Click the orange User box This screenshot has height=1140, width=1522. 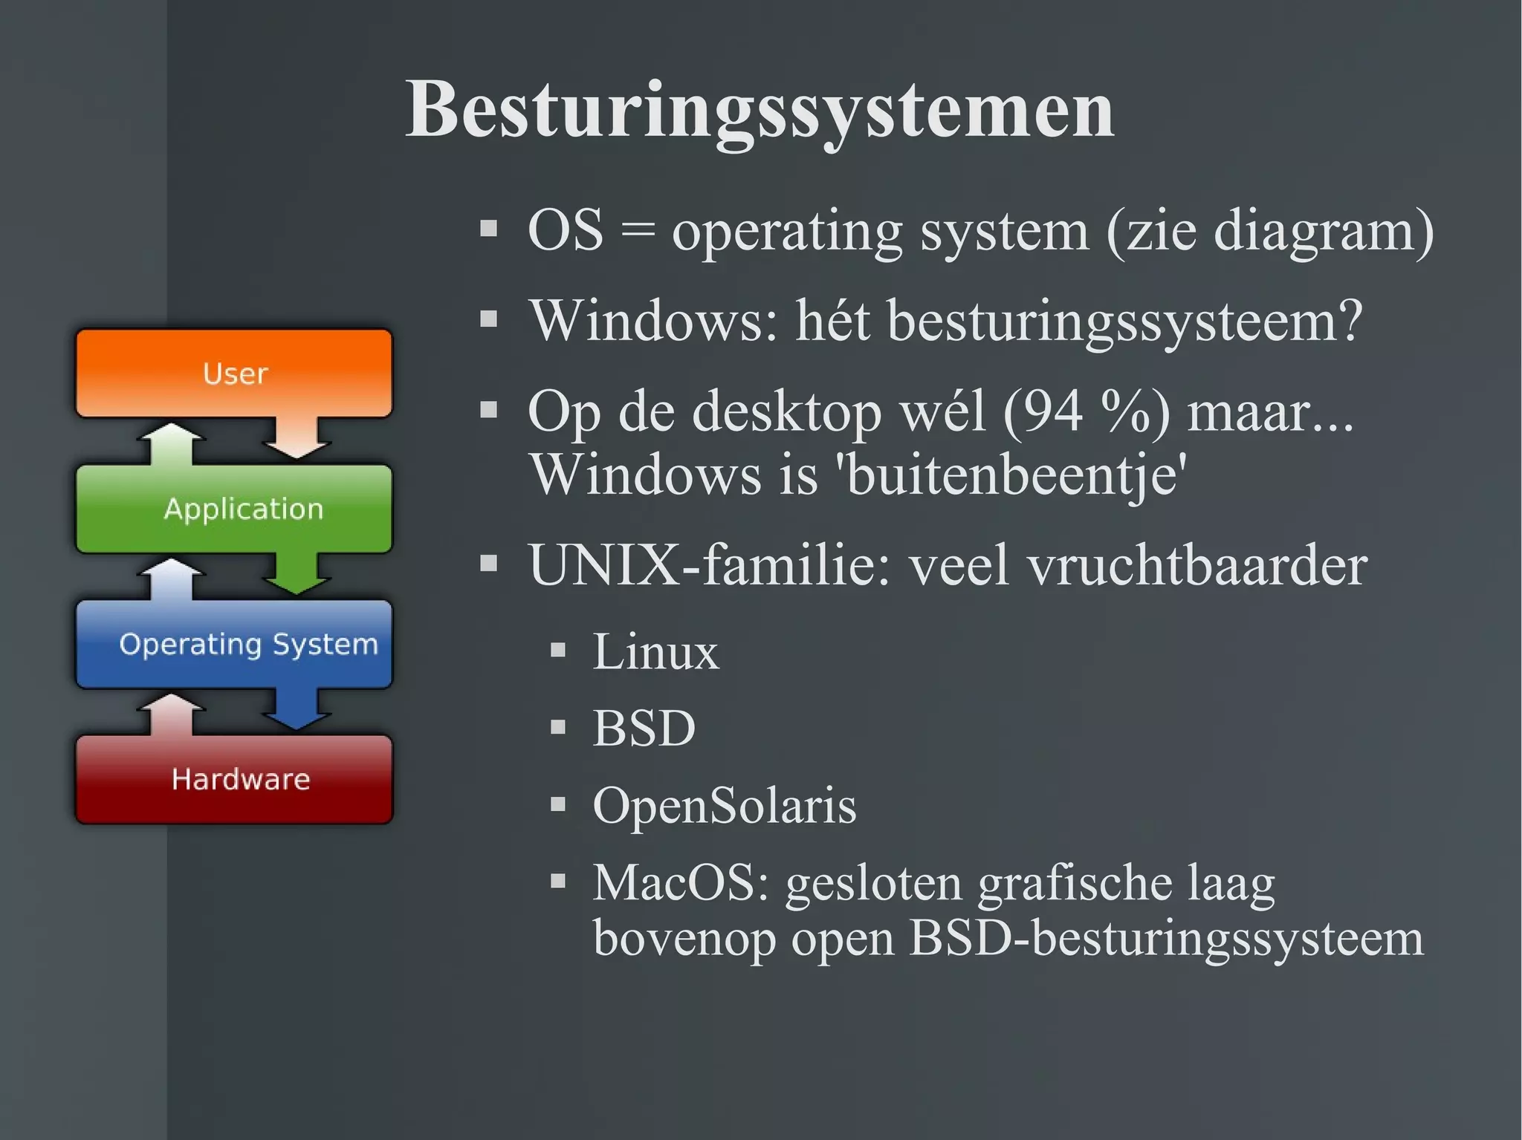[234, 373]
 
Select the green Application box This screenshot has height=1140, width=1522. [234, 509]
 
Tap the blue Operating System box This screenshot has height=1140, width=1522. [234, 644]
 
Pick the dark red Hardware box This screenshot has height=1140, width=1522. [234, 779]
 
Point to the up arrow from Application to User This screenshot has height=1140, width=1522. [172, 443]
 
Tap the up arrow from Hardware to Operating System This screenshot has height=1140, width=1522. [172, 714]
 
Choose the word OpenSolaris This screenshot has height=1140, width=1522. [724, 805]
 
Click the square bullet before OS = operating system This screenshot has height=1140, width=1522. [488, 228]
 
